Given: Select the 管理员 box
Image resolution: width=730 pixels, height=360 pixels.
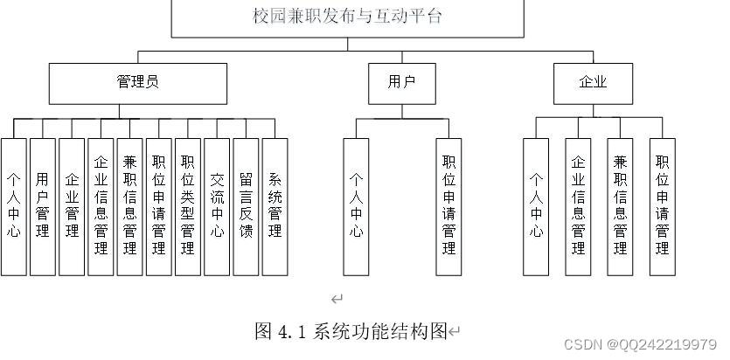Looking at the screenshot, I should (137, 82).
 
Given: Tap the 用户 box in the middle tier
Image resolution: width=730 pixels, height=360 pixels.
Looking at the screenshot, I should (401, 82).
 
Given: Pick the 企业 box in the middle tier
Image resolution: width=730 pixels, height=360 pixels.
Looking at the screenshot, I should (592, 82).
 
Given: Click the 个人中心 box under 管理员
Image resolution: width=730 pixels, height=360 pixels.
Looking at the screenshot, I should (14, 206).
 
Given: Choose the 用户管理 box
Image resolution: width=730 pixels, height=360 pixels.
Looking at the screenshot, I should (43, 206).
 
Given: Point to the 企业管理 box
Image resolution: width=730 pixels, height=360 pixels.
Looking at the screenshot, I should (72, 206).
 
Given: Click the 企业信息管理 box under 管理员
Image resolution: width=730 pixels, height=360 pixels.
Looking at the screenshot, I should (101, 206).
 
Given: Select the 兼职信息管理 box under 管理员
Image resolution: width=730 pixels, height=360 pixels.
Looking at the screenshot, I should (129, 206).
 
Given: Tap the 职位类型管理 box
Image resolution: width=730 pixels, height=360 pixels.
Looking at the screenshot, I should (187, 206).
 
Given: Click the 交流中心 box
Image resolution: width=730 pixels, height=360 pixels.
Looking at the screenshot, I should (217, 206).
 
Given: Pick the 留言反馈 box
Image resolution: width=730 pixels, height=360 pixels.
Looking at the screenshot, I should (246, 206).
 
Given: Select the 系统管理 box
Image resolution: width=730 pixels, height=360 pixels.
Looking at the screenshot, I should (275, 206).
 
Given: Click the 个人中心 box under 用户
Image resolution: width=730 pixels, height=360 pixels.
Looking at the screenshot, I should (357, 206).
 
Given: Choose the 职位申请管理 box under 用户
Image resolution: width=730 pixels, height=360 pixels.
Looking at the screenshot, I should (448, 206).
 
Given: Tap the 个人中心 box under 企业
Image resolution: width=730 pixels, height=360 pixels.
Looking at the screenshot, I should (536, 206).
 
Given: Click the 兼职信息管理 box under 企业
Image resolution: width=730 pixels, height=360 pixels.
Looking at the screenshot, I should (620, 206).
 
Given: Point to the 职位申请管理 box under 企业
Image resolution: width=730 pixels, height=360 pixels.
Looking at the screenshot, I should (662, 206).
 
